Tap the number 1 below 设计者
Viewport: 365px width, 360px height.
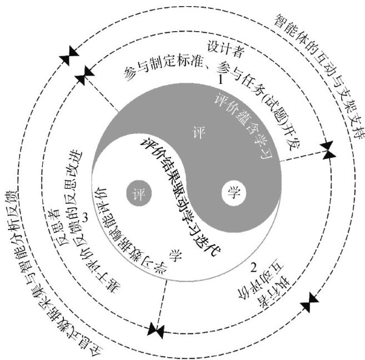(221, 80)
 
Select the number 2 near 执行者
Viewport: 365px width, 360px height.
(254, 268)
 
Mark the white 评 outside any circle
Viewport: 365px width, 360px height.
(194, 134)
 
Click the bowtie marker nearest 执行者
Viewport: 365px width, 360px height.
(309, 304)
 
